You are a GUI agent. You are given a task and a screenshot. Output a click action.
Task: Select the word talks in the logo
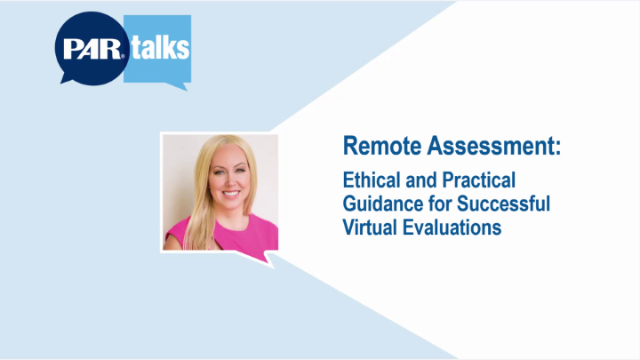tap(160, 46)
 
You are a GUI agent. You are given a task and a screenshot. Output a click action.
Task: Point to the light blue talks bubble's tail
tap(182, 85)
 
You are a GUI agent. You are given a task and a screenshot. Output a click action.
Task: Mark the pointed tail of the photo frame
tap(270, 259)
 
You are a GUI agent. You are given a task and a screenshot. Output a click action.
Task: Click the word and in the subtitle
tap(420, 180)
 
